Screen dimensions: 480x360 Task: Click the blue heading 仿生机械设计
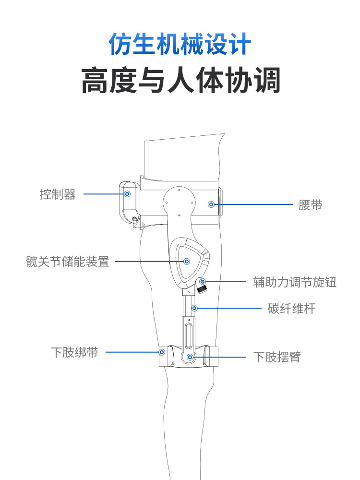(180, 45)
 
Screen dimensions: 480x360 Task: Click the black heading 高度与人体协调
(180, 81)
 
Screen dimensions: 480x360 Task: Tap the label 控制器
(58, 194)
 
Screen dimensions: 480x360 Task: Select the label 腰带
(310, 205)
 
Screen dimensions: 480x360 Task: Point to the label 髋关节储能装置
(68, 262)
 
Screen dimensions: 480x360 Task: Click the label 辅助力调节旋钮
(295, 282)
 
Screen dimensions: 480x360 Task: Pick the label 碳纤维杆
(291, 308)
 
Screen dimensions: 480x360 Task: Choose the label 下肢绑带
(74, 352)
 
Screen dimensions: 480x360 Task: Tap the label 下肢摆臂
(277, 357)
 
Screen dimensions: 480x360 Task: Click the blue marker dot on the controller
(127, 194)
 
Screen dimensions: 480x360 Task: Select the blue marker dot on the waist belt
(211, 204)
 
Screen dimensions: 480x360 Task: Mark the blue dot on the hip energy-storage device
(187, 262)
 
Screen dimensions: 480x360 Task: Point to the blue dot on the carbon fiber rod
(194, 308)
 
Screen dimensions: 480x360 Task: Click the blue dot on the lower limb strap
(162, 352)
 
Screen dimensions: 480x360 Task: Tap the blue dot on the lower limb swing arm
(190, 357)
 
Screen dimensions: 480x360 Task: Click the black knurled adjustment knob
(204, 289)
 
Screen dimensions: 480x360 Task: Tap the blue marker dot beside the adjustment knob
(203, 282)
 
